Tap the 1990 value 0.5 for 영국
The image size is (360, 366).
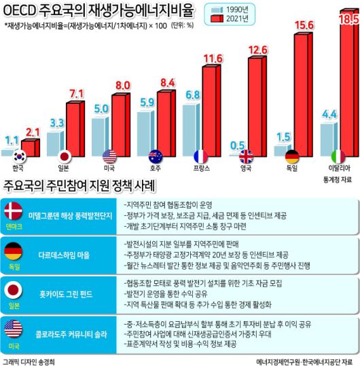[x=237, y=145]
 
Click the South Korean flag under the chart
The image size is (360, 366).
[x=20, y=155]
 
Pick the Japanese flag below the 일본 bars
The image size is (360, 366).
[x=67, y=155]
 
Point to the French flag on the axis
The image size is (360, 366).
[x=200, y=155]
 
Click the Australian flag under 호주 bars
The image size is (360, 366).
[x=156, y=155]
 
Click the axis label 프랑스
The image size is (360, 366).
[x=200, y=168]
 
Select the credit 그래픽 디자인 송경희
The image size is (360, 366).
[x=30, y=359]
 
